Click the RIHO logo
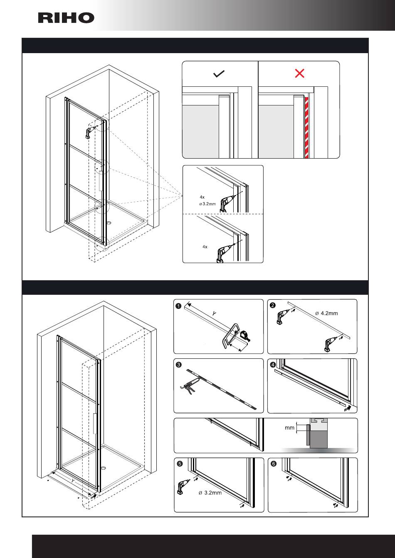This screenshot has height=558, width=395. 67,18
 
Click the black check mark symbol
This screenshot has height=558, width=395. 219,74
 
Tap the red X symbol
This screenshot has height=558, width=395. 299,73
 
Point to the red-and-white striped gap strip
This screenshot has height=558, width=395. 307,127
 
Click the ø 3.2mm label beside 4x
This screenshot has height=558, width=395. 207,203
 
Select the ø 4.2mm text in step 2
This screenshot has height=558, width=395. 326,313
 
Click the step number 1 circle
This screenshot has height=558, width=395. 178,306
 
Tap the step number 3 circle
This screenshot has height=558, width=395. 178,365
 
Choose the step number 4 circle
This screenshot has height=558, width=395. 273,365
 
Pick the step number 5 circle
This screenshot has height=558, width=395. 180,464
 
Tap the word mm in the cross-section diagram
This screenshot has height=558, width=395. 290,427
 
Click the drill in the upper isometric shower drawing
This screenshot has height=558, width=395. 88,132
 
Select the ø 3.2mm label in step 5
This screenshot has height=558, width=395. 210,493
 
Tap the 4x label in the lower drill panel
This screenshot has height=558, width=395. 205,247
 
